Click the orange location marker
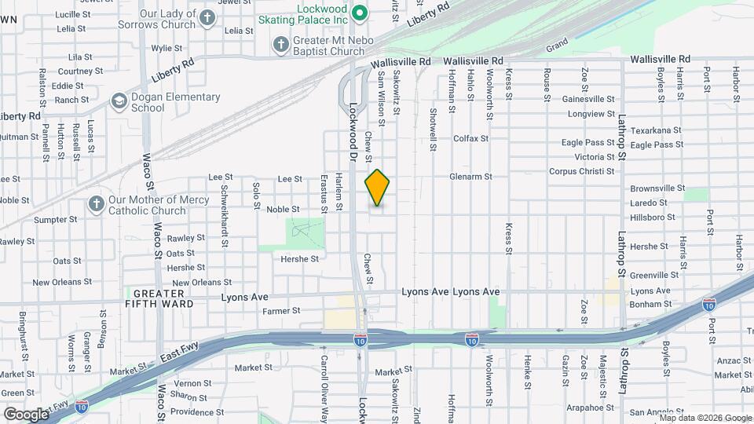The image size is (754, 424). tap(377, 188)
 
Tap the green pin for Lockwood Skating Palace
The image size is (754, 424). tap(361, 13)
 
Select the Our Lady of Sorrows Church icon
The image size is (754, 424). tap(207, 19)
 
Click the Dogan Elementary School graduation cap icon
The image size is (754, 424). tap(119, 101)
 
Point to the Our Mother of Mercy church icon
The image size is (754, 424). tap(97, 205)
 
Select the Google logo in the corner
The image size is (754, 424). tap(26, 414)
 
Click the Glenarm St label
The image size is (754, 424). tap(470, 177)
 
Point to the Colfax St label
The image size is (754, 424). tap(470, 138)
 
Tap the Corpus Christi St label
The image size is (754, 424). tap(581, 171)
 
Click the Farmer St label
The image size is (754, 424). tap(282, 311)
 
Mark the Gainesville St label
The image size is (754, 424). tap(589, 99)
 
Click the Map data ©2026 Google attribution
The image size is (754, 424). tap(705, 418)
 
